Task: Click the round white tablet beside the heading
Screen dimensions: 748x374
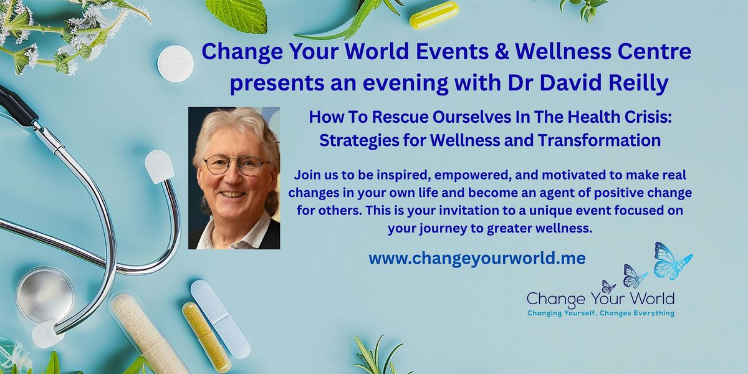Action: pos(175,64)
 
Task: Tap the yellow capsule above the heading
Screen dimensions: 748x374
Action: pos(434,15)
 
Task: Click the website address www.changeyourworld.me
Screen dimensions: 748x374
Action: pos(477,258)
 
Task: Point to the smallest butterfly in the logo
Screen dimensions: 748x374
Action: pos(608,287)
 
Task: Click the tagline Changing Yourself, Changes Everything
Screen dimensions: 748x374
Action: pos(601,313)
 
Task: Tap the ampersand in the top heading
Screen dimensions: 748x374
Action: pos(502,52)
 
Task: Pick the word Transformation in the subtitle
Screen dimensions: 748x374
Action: pos(600,140)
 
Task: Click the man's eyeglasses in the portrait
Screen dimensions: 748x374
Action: pos(237,165)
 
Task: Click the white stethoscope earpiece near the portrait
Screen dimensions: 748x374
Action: pos(160,166)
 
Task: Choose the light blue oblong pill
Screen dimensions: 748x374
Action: pos(221,319)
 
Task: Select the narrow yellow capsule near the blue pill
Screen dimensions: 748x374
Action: pos(207,337)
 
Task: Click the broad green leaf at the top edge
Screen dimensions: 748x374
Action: pos(237,15)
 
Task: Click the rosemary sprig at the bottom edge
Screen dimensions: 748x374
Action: pos(381,356)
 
